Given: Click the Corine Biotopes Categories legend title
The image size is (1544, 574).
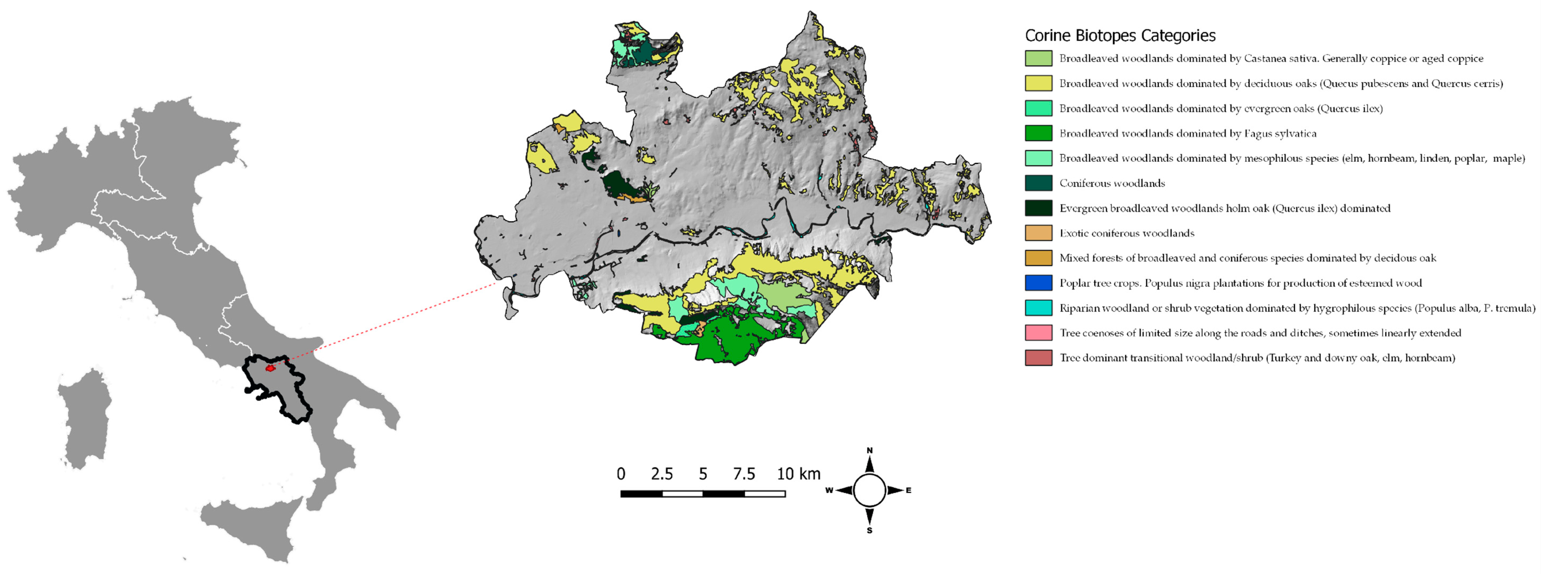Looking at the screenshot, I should click(1120, 35).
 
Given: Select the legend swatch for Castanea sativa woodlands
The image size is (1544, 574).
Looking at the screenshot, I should click(1038, 58).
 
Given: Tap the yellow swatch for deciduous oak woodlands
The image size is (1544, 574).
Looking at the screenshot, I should click(1038, 83).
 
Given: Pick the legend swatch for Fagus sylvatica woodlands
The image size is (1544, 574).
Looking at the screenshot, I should click(1038, 133).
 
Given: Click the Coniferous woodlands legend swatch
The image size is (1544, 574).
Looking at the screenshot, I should click(1038, 183).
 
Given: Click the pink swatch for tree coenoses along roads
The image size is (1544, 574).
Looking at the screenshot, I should click(1038, 333).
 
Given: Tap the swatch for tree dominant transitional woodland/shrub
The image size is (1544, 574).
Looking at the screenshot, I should click(1038, 358).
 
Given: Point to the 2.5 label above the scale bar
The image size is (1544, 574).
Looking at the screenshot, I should click(662, 474).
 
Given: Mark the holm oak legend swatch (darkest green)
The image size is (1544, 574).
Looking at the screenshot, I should click(1038, 208).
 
